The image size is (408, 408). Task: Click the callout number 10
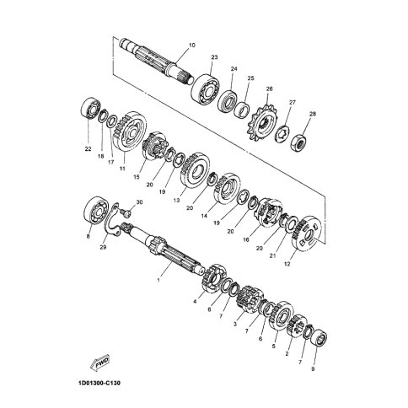pos(192,45)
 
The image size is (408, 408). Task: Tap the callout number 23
pos(214,57)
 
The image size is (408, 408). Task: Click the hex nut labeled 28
pos(299,142)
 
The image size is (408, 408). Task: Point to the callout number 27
pos(293,102)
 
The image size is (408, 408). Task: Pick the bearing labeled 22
pos(91,109)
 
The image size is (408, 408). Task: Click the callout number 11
pos(122,169)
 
